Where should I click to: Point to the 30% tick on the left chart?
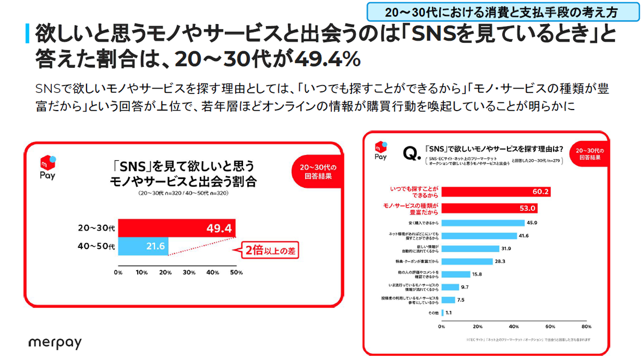click(x=189, y=272)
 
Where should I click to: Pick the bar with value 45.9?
click(x=483, y=222)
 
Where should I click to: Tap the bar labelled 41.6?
click(x=479, y=236)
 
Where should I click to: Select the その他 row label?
click(x=433, y=313)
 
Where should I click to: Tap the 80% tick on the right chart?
click(x=586, y=326)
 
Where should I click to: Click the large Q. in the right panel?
click(x=412, y=155)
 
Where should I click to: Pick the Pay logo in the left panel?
click(x=48, y=167)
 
